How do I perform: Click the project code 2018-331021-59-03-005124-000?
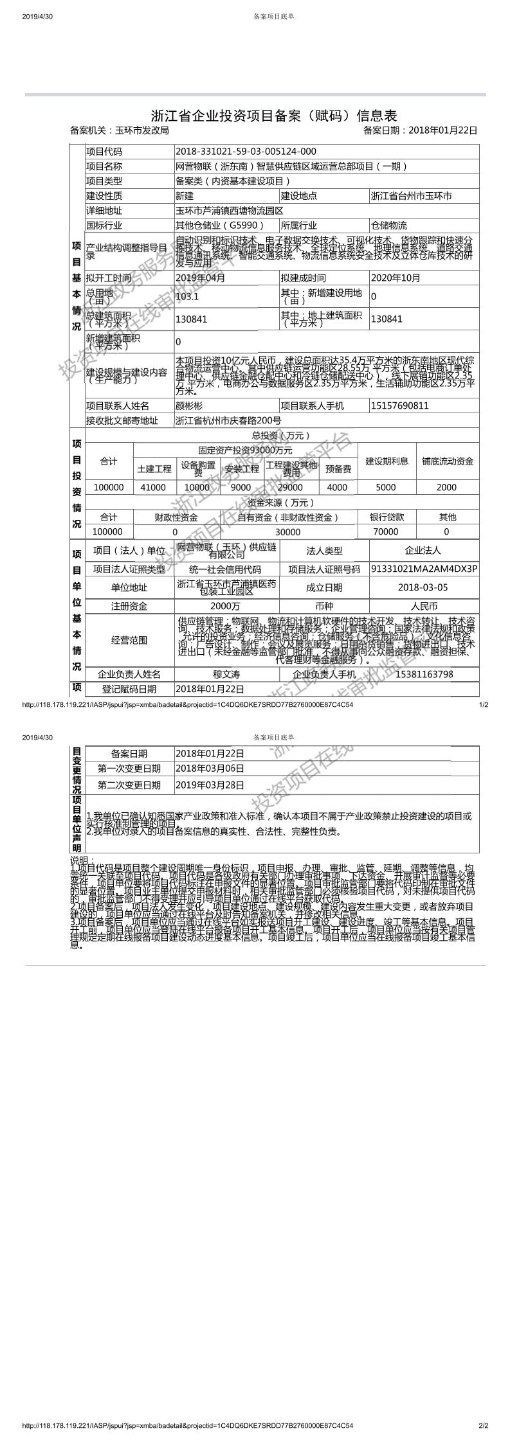tap(246, 152)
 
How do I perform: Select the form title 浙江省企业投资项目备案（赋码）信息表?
tap(274, 116)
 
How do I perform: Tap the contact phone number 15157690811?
tap(399, 406)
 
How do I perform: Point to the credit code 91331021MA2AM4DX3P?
tap(424, 569)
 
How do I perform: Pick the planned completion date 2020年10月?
tap(396, 278)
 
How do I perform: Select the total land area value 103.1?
tap(187, 297)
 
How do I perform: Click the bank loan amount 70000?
tap(386, 531)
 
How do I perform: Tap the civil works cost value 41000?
tap(153, 487)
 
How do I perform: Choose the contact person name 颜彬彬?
tap(189, 406)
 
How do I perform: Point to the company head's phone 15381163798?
tap(424, 674)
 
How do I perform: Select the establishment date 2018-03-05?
tap(423, 587)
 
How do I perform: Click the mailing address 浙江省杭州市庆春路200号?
tap(228, 421)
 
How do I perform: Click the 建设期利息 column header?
tap(387, 461)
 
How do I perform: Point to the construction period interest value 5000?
tap(386, 487)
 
